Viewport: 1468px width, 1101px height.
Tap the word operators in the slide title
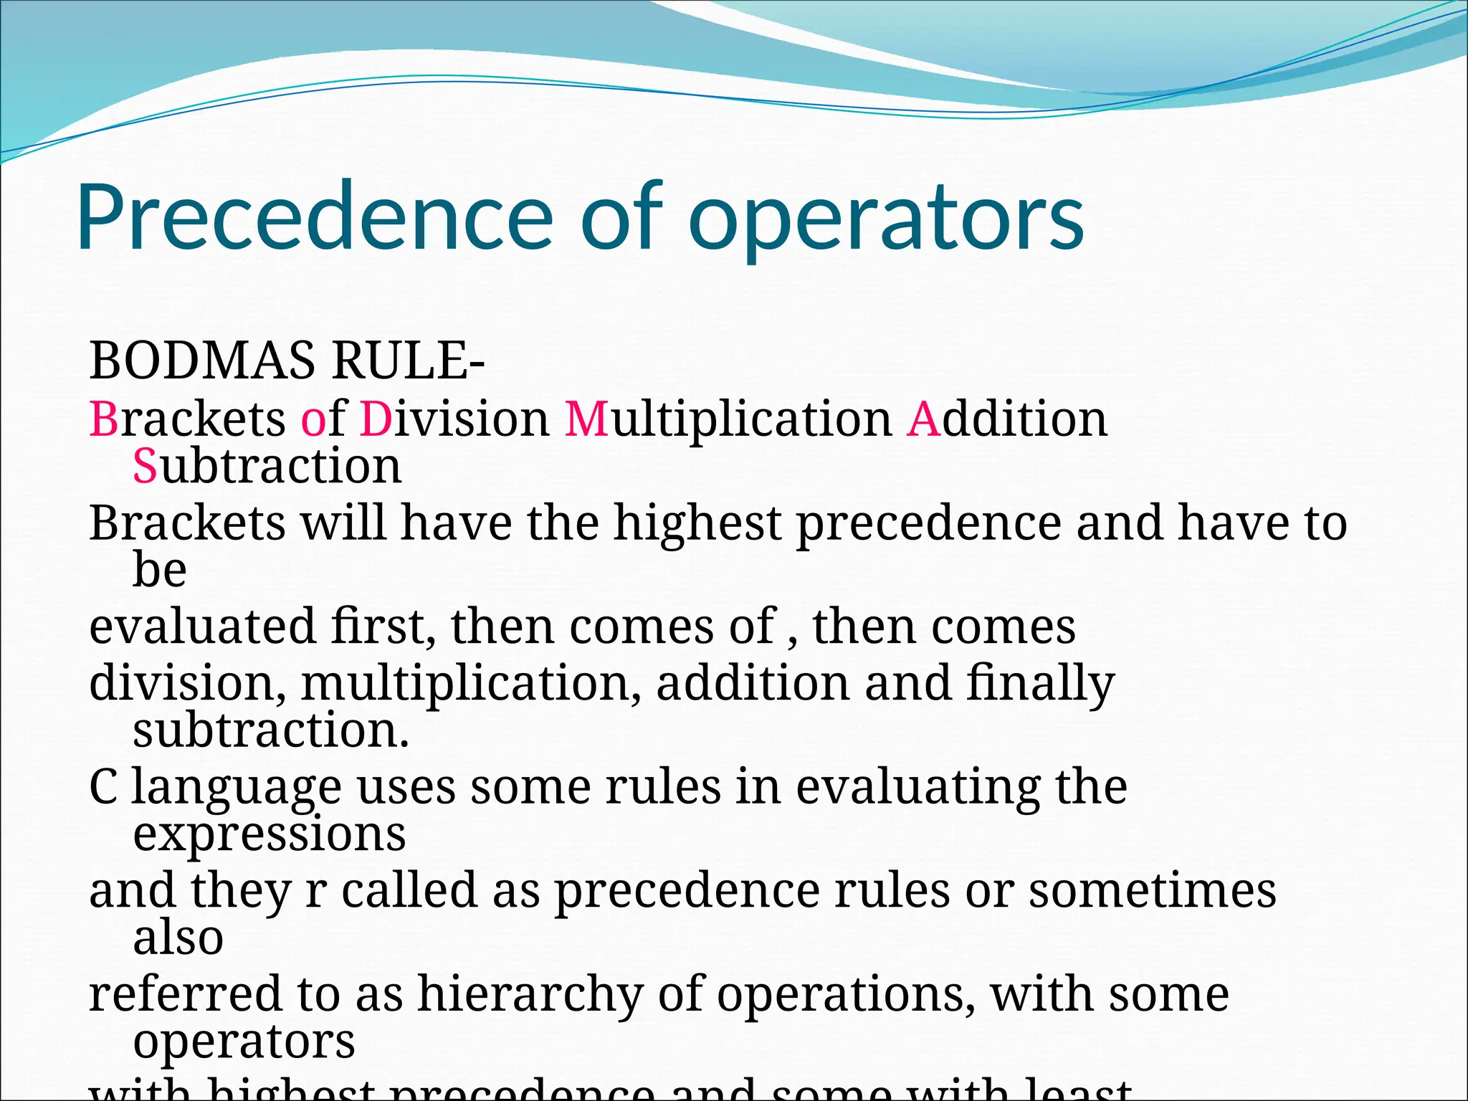click(x=886, y=219)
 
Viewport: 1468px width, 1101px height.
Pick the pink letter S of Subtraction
click(x=145, y=466)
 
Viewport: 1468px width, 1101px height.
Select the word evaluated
click(x=202, y=626)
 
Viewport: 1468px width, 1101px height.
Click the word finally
click(x=1040, y=684)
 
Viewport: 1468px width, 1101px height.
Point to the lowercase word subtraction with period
click(x=271, y=730)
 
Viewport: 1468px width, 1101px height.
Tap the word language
click(x=237, y=788)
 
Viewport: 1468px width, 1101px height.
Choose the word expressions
click(x=270, y=834)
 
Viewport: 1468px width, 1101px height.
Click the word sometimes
click(x=1153, y=890)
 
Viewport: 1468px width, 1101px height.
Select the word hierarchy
click(x=530, y=995)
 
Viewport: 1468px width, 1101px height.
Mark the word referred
click(x=185, y=995)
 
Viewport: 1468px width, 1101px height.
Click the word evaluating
click(x=917, y=788)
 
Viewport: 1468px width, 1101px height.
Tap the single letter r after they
click(x=316, y=892)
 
